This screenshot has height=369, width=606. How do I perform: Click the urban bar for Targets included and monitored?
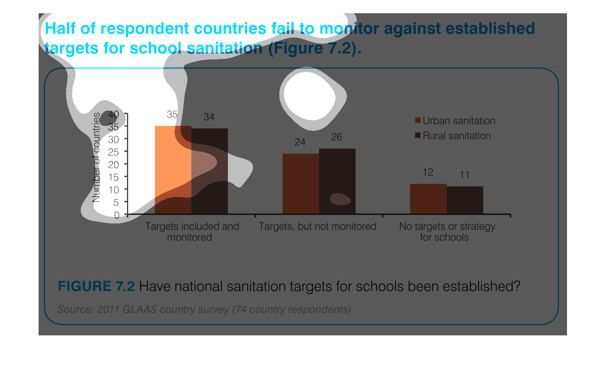(173, 170)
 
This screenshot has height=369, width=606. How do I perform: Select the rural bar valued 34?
(210, 171)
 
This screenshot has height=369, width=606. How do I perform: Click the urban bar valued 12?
(428, 199)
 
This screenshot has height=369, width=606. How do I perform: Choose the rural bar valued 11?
(465, 200)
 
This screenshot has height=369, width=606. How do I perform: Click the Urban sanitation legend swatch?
(417, 120)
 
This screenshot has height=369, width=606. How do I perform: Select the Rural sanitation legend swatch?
(417, 136)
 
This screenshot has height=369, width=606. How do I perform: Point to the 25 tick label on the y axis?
(113, 152)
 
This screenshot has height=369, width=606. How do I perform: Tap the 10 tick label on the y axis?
(113, 190)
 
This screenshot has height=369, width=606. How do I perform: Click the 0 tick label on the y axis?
(117, 215)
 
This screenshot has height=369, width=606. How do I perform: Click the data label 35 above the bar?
(172, 114)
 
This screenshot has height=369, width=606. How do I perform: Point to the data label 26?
(336, 137)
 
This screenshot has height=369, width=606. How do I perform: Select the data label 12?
(428, 172)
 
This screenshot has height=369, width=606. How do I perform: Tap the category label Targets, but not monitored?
(317, 226)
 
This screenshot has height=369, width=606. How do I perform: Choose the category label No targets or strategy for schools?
(447, 232)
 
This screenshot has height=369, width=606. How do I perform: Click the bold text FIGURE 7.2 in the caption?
(96, 286)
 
